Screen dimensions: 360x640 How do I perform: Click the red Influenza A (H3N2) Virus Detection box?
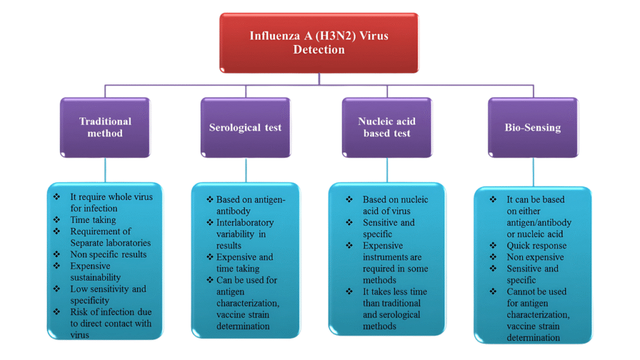coord(319,42)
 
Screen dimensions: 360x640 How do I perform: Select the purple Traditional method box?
coord(105,127)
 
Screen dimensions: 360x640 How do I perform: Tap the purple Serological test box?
coord(245,127)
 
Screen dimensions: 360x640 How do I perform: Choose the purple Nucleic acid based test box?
coord(387,127)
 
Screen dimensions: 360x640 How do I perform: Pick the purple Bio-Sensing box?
coord(532,127)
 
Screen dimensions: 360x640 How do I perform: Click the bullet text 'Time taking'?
coord(93,220)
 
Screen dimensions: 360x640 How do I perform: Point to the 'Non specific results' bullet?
coord(109,254)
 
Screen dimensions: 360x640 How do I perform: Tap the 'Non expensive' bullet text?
coord(535,257)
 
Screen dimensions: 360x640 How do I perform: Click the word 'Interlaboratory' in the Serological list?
coord(245,222)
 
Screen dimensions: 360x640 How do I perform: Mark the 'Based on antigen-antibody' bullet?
coord(250,205)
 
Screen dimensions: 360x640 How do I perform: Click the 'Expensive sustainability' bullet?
coord(95,271)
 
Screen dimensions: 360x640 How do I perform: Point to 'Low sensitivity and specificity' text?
coord(108,294)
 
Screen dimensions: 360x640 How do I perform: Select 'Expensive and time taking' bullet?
coord(244,262)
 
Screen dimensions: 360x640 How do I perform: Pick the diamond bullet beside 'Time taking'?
coord(57,220)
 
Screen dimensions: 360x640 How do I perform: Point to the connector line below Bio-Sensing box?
coord(533,172)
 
